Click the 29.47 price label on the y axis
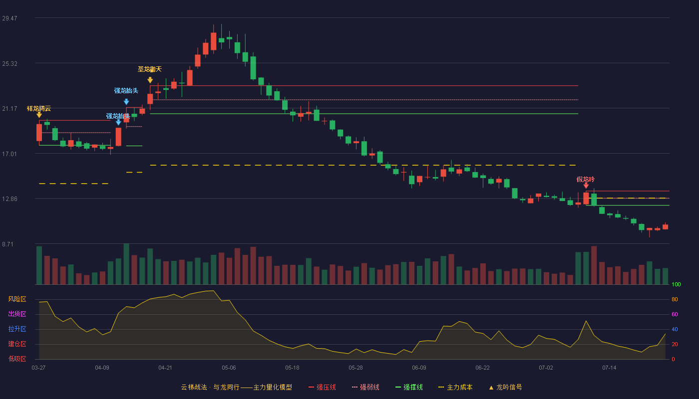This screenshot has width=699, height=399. (x=9, y=18)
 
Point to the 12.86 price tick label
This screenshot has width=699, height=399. (x=9, y=199)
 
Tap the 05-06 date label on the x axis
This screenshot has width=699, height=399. (x=229, y=368)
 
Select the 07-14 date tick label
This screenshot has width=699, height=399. (x=609, y=368)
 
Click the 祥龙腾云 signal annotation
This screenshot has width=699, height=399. (x=39, y=109)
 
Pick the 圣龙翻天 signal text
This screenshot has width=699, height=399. (x=150, y=69)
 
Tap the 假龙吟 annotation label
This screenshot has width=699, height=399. (x=585, y=179)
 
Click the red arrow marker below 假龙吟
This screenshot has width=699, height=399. (x=586, y=186)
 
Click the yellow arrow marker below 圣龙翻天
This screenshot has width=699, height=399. (x=150, y=80)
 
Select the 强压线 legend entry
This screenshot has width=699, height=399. (x=322, y=387)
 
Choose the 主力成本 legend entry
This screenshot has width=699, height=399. (x=455, y=387)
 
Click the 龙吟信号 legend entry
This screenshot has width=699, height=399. (x=505, y=387)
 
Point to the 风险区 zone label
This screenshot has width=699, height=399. (x=17, y=299)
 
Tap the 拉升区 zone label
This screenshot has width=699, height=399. (x=17, y=329)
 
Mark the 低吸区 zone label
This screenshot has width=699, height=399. (x=17, y=359)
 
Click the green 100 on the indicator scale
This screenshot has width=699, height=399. (x=676, y=284)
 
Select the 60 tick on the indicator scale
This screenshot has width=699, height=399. (x=675, y=314)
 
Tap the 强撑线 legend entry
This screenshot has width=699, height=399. (x=409, y=387)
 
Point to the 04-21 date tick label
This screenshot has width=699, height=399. (x=165, y=368)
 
